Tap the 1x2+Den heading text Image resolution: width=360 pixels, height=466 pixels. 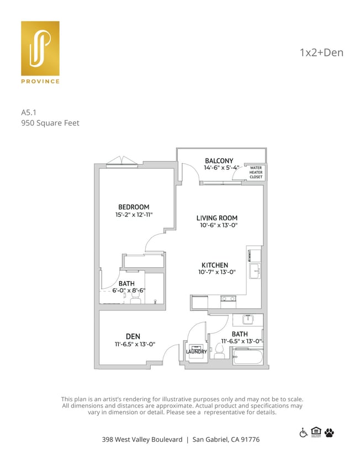pos(321,53)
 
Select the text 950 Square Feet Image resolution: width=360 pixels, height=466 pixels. pos(50,123)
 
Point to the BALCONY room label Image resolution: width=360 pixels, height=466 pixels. pos(219,161)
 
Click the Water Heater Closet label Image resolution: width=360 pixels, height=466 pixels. pos(256,172)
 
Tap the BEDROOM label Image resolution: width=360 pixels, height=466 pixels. pos(134,207)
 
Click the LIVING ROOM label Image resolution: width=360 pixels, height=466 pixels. pos(217,218)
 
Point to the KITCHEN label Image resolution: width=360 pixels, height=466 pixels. pos(215,265)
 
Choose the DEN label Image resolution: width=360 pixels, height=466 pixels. pos(133,336)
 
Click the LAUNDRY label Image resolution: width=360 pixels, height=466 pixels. pos(196,352)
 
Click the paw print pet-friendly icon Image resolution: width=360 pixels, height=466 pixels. pos(330,432)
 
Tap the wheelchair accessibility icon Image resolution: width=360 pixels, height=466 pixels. pos(303,432)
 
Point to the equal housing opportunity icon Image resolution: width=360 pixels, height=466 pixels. pos(316,432)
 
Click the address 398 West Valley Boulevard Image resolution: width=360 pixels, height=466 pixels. pos(142,439)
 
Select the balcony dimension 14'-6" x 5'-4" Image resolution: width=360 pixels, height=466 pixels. pos(221,168)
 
